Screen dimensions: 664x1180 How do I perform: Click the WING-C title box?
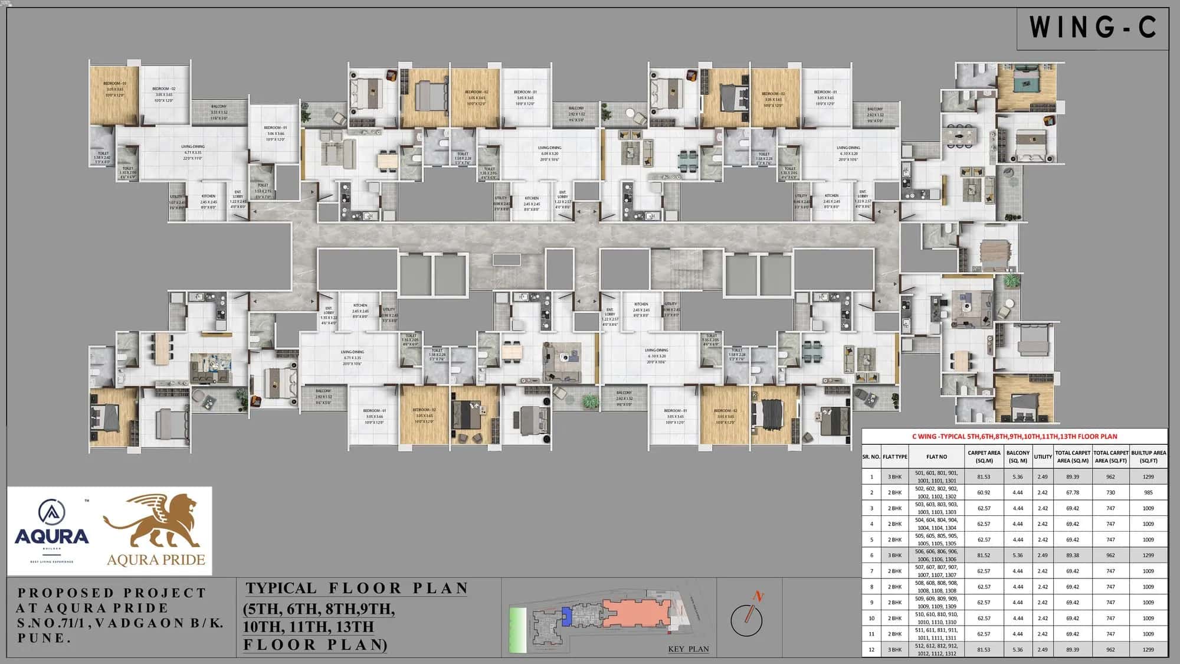1093,28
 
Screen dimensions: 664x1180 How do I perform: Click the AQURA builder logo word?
52,536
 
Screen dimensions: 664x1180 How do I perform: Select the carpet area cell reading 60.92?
984,492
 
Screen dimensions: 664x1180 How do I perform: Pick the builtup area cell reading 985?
1148,492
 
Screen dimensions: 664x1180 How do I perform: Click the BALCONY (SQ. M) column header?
1018,456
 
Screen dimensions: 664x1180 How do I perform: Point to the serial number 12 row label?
871,649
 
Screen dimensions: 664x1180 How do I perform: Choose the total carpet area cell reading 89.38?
1073,555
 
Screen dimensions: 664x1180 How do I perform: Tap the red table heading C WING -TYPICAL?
1014,436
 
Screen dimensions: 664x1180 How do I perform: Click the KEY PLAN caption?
689,649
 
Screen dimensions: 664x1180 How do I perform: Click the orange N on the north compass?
759,597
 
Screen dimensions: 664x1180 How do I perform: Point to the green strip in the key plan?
519,629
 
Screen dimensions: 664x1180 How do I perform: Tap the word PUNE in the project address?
41,638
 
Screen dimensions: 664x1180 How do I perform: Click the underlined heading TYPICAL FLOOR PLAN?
357,588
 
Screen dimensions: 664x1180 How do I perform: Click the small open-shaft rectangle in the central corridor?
506,260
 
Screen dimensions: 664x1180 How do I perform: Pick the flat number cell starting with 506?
936,555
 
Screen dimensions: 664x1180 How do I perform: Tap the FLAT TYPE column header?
895,456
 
